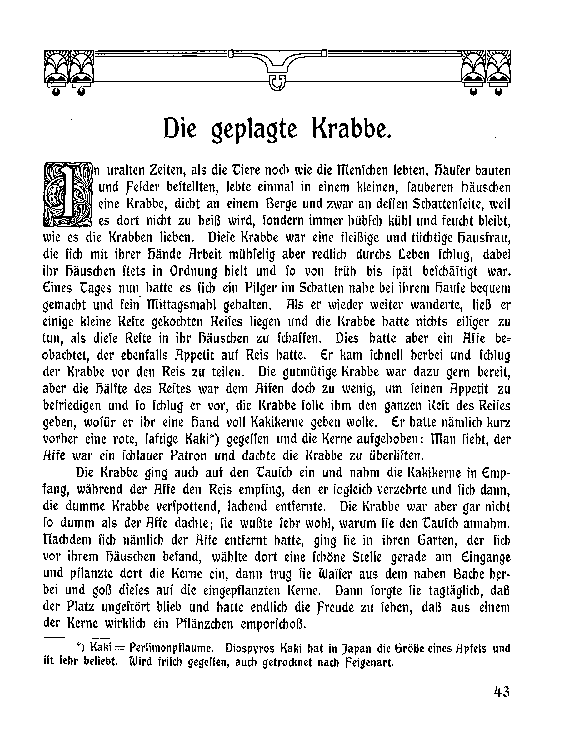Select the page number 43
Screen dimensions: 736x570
tap(502, 692)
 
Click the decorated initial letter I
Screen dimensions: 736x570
tap(68, 194)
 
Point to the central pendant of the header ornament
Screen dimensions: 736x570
tap(277, 81)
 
